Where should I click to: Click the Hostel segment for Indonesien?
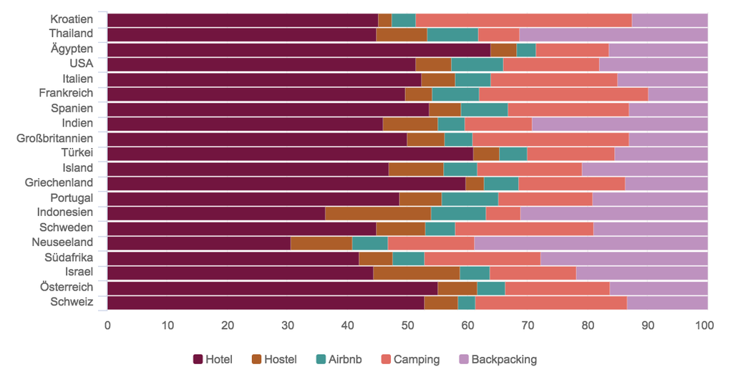coord(378,213)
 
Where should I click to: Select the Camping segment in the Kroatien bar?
coord(523,20)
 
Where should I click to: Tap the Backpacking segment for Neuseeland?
coord(591,243)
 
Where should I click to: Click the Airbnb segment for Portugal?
coord(470,198)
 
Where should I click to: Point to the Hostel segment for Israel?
coord(416,273)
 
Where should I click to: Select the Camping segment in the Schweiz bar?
coord(550,303)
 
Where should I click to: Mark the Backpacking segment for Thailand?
coord(613,34)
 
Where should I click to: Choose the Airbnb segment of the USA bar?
coord(477,64)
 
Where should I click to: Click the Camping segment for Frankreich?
coord(563,94)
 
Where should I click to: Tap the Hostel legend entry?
coord(274,360)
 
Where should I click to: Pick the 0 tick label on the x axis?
coord(107,325)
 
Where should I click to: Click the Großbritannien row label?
coord(55,138)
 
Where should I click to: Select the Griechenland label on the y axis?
coord(59,182)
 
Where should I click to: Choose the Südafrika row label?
coord(69,257)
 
